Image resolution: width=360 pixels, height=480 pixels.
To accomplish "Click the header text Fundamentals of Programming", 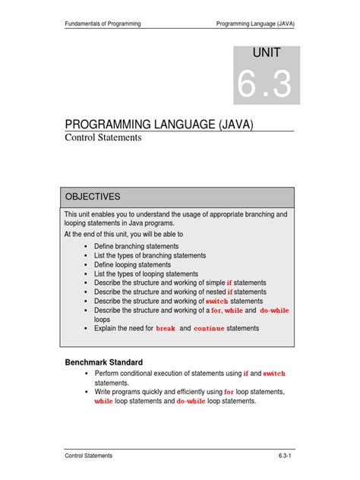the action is tap(103, 24).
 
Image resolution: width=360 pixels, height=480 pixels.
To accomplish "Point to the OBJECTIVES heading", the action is tap(92, 196).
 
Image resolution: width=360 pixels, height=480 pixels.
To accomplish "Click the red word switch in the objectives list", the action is tap(217, 302).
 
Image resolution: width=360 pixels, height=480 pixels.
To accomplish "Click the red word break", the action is tap(166, 329).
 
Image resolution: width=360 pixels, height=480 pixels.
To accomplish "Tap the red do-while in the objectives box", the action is tap(274, 311).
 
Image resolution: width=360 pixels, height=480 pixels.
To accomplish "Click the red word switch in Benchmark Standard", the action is tap(274, 374).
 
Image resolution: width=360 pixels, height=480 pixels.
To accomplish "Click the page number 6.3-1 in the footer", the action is tap(285, 455).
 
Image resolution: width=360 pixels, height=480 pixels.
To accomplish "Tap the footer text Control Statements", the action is tap(88, 455).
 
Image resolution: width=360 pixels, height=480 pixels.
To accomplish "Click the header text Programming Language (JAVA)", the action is tap(255, 24).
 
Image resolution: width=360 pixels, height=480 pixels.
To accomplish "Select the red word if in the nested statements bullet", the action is tap(230, 292).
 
